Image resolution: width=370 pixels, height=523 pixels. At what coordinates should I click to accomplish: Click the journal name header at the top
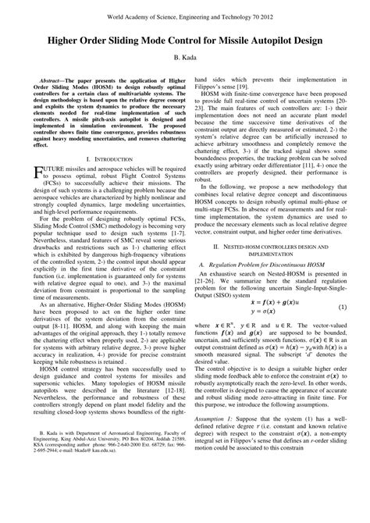(x=185, y=15)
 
